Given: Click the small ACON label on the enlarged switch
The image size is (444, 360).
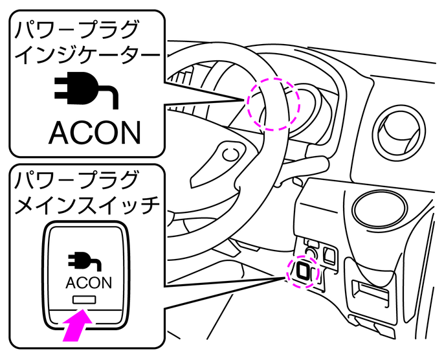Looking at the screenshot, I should pos(89,283).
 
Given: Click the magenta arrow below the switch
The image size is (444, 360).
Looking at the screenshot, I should pos(76,326).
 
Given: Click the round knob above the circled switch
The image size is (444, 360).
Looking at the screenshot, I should pos(311,249).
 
